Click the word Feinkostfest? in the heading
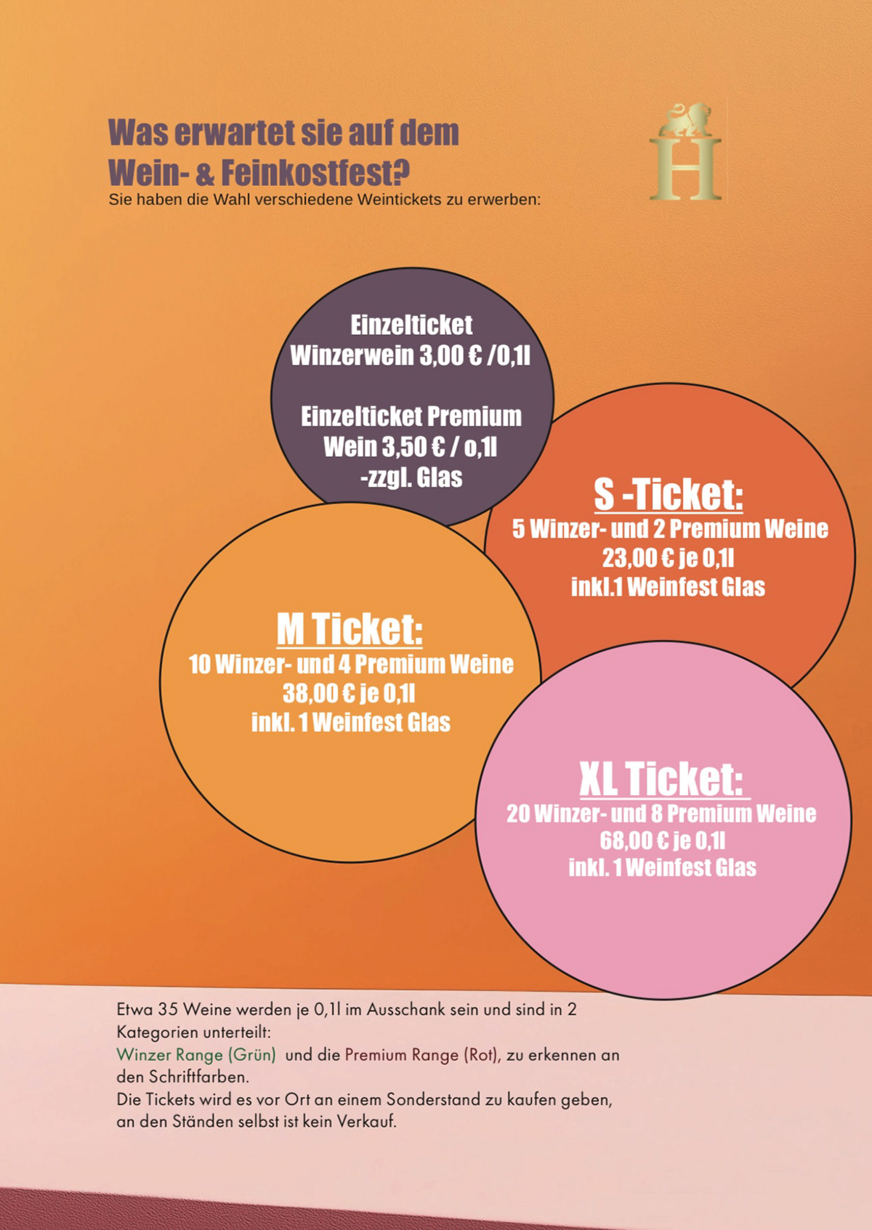315,173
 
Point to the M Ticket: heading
350,629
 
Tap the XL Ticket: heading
661,779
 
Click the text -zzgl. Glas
411,477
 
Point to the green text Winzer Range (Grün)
196,1055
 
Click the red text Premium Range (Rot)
421,1055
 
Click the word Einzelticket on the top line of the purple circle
411,325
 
